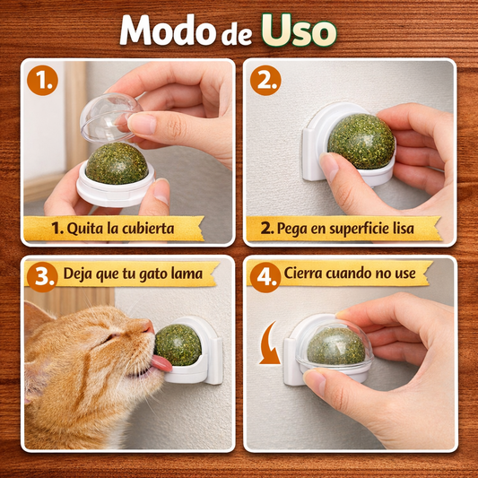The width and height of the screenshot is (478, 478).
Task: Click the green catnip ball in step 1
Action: coord(116,163)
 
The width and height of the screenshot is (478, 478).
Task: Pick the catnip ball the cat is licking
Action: coord(178,346)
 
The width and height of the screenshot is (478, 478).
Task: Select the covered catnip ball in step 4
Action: coord(336,345)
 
